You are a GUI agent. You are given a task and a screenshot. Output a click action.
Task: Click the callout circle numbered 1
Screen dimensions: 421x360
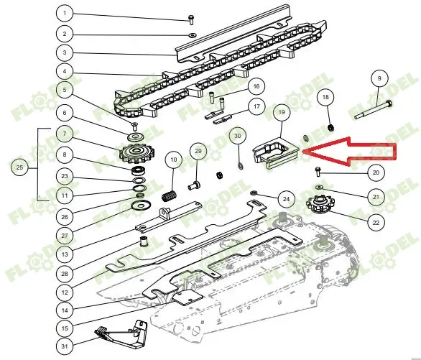(x=65, y=13)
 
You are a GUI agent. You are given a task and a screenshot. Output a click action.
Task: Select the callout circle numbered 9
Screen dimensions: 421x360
(x=379, y=78)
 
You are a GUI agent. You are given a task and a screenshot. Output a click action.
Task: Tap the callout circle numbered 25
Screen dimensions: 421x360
(x=19, y=167)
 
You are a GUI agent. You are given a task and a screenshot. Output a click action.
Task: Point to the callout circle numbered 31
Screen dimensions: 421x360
(x=65, y=346)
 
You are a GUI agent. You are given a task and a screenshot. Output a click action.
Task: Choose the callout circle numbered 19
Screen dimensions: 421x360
(x=282, y=111)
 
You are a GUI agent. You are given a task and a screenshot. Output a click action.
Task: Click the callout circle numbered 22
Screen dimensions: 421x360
(x=376, y=222)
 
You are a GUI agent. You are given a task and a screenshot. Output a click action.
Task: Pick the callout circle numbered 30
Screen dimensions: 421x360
(x=238, y=136)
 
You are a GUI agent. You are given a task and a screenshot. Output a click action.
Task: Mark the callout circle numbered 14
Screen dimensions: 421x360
(x=65, y=310)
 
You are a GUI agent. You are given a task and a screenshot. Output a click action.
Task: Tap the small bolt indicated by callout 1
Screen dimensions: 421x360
(x=191, y=20)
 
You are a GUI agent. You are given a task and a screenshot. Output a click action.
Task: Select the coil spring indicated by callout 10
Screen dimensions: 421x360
(x=170, y=195)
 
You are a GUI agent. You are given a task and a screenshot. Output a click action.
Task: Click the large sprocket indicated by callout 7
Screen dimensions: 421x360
(x=137, y=154)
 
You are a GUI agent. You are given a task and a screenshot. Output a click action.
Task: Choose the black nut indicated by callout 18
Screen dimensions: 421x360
(x=331, y=127)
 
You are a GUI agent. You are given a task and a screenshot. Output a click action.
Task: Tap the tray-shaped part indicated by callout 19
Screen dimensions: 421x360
(x=276, y=153)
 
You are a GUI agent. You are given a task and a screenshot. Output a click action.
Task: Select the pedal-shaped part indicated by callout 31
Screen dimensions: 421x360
(x=121, y=334)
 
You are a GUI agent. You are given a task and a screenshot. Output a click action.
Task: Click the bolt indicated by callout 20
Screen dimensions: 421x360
(x=318, y=172)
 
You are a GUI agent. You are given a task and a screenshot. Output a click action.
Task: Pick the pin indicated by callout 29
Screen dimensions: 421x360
(x=194, y=185)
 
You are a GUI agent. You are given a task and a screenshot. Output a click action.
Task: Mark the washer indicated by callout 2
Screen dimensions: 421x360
(x=193, y=35)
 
